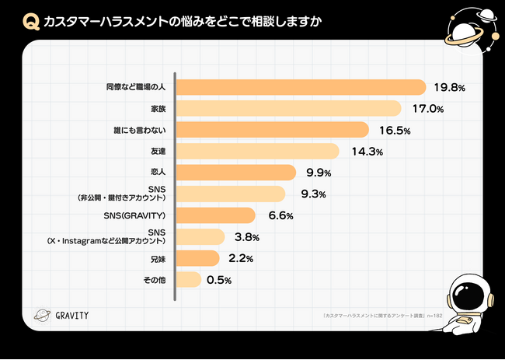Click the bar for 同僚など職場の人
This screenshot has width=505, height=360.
click(x=302, y=87)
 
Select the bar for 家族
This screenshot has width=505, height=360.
click(x=290, y=108)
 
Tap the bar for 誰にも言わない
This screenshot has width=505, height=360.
click(x=273, y=130)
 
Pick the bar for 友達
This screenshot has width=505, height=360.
click(x=259, y=151)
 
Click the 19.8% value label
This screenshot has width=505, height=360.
click(x=450, y=88)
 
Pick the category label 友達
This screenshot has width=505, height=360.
click(x=161, y=151)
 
